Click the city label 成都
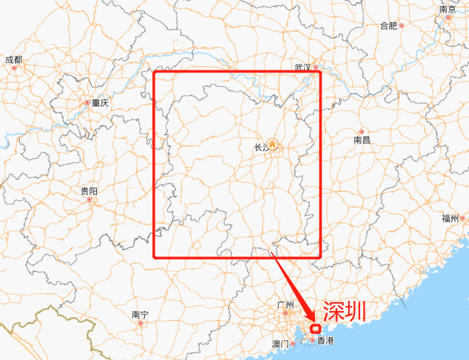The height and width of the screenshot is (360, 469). [x=13, y=60]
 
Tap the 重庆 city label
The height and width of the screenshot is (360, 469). [x=100, y=103]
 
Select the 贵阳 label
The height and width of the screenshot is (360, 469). [x=89, y=191]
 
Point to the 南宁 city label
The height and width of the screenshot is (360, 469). [x=140, y=315]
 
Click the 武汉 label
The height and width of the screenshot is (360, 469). [x=303, y=67]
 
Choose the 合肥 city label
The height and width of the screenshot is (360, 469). [x=388, y=26]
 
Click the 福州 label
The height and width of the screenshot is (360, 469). [x=450, y=219]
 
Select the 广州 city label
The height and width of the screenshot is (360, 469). [x=285, y=305]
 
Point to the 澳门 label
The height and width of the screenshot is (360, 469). [x=280, y=344]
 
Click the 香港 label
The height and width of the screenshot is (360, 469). [x=326, y=341]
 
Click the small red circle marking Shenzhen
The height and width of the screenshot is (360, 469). [x=316, y=328]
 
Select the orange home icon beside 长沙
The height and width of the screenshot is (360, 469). [x=273, y=146]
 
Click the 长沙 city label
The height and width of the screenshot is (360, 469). [x=261, y=148]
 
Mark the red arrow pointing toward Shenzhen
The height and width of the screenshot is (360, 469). [x=292, y=286]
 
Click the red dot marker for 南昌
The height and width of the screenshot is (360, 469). [x=361, y=132]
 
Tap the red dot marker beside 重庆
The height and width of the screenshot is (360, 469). [x=87, y=103]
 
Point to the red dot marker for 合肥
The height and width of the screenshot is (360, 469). [x=401, y=26]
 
